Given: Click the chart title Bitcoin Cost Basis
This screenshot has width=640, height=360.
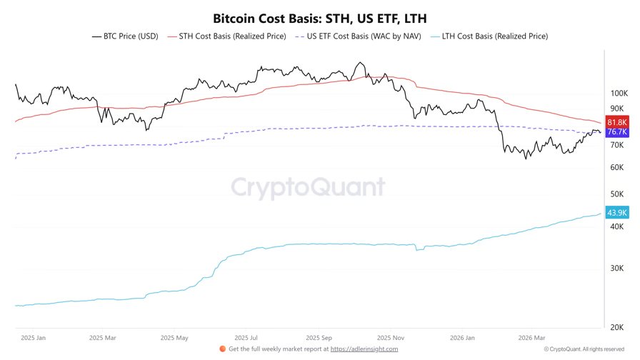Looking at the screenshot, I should click(x=320, y=17).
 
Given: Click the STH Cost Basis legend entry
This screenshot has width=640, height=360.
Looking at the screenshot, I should click(x=226, y=36).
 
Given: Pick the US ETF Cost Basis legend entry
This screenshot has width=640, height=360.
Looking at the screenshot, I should click(x=359, y=36).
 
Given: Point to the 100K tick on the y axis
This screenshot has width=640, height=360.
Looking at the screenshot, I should click(x=617, y=94).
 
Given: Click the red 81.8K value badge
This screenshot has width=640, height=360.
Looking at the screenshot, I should click(x=616, y=122).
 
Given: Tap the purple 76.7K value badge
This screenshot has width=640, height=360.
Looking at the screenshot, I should click(x=616, y=132).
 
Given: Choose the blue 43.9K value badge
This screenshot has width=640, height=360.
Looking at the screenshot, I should click(x=616, y=213).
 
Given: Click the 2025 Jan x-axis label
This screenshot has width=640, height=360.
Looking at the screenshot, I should click(x=33, y=337).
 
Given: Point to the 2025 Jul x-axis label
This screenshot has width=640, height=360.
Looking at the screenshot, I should click(x=245, y=337).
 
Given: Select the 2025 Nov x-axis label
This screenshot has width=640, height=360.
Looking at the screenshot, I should click(x=390, y=337).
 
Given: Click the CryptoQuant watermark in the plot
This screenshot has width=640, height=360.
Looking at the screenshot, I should click(x=307, y=188).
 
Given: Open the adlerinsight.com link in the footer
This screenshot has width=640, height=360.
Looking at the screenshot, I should click(x=364, y=349).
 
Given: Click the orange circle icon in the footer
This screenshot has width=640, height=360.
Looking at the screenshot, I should click(x=222, y=349).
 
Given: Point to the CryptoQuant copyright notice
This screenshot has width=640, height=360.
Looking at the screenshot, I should click(x=584, y=349).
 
